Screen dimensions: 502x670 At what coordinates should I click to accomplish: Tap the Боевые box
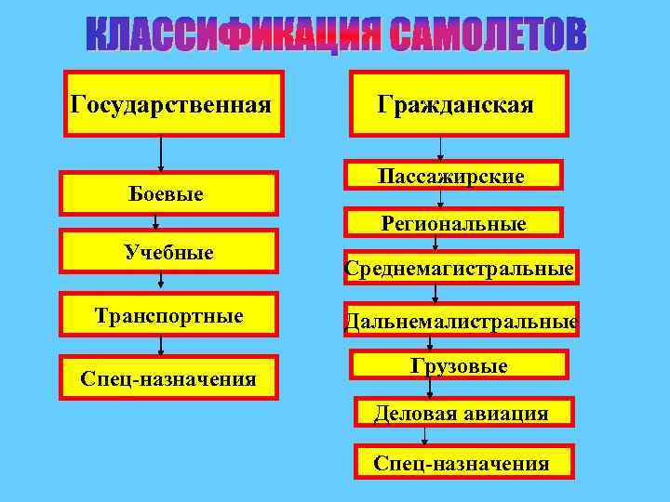(168, 193)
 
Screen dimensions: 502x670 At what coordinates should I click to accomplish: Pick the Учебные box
(168, 252)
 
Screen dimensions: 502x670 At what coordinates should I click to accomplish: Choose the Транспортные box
(168, 315)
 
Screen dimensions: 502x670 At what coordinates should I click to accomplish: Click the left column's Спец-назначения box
(168, 377)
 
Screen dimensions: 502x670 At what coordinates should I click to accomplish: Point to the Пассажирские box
(452, 176)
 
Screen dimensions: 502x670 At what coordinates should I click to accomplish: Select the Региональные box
(452, 223)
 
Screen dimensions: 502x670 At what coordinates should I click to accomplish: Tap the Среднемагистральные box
(459, 269)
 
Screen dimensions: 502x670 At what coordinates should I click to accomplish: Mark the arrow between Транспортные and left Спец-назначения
(162, 344)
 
